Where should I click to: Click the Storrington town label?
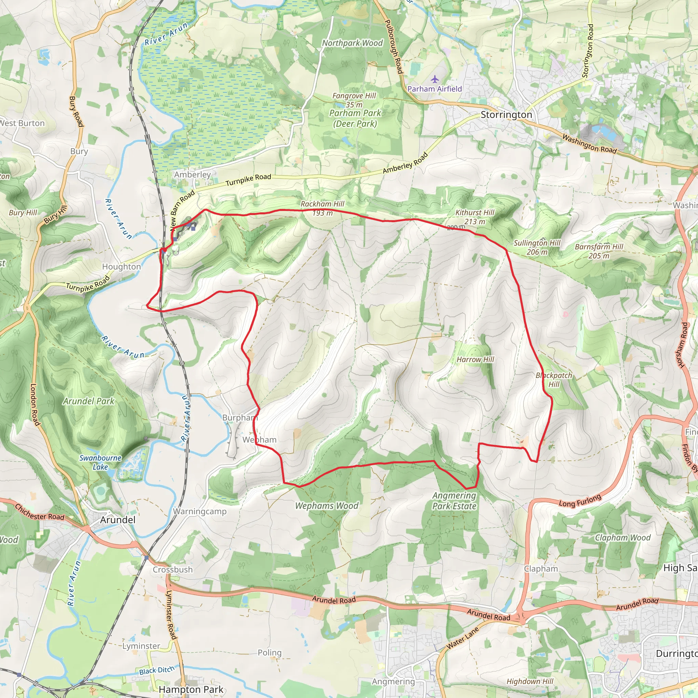[x=506, y=115]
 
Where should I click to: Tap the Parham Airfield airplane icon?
[x=435, y=79]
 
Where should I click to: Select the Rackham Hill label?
[x=322, y=209]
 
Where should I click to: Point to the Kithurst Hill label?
[x=475, y=217]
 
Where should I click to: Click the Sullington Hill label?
[x=537, y=247]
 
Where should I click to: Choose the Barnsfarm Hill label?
[x=599, y=251]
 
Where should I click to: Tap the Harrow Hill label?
[x=475, y=360]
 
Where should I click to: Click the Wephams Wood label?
[x=327, y=506]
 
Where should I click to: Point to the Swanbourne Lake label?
[x=100, y=462]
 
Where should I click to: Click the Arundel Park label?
[x=89, y=401]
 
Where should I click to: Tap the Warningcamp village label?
[x=199, y=512]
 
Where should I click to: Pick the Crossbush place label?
[x=172, y=570]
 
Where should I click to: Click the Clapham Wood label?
[x=622, y=537]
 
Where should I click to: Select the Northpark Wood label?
[x=352, y=43]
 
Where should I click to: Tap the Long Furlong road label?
[x=580, y=501]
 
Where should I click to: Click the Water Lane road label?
[x=462, y=638]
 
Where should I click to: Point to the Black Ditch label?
[x=156, y=670]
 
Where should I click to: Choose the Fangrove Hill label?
[x=354, y=96]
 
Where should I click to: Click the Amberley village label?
[x=192, y=174]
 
